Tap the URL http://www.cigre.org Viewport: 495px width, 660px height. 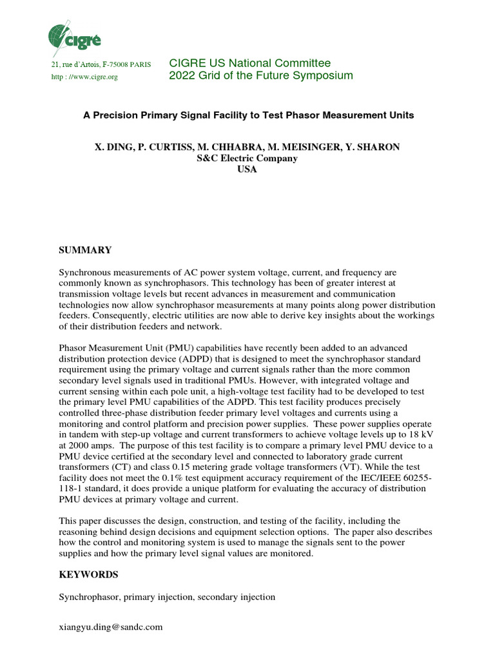pyautogui.click(x=84, y=77)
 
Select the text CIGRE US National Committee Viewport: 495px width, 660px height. pyautogui.click(x=249, y=63)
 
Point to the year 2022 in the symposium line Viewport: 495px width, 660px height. pyautogui.click(x=181, y=76)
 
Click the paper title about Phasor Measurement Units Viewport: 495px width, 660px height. pyautogui.click(x=248, y=115)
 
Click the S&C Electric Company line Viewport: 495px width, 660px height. pyautogui.click(x=247, y=159)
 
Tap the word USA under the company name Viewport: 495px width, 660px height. pyautogui.click(x=247, y=170)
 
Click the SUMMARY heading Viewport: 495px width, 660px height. pyautogui.click(x=86, y=250)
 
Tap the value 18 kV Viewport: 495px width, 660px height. pyautogui.click(x=422, y=434)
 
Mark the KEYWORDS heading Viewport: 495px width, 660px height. pyautogui.click(x=89, y=574)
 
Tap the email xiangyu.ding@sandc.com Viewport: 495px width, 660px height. pyautogui.click(x=111, y=626)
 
